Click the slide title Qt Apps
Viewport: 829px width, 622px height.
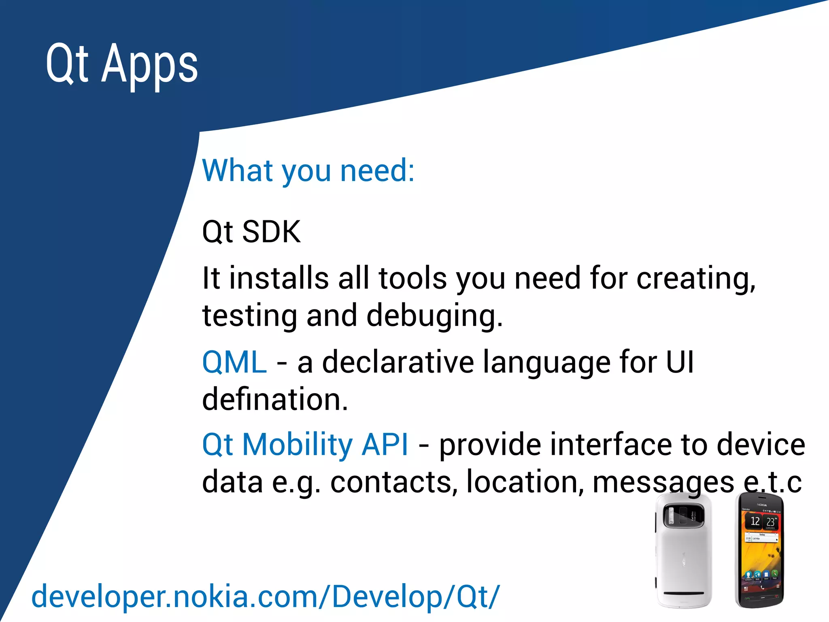[x=121, y=65]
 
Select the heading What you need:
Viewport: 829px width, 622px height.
[x=308, y=170]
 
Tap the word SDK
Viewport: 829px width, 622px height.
[x=271, y=232]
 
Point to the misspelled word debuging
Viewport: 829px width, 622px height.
[x=434, y=316]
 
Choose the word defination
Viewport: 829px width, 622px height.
[x=275, y=399]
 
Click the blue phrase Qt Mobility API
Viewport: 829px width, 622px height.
[x=305, y=445]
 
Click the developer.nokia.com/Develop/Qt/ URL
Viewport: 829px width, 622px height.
[x=265, y=596]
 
